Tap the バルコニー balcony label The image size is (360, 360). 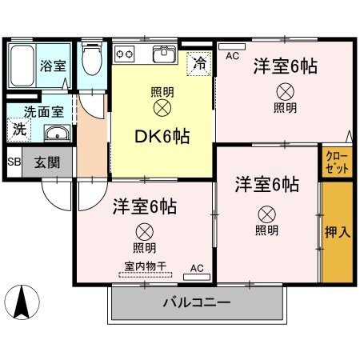click(197, 304)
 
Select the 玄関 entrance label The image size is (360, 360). click(45, 162)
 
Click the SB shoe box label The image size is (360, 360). click(14, 162)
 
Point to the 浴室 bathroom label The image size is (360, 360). click(53, 66)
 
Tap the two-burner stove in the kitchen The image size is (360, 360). click(126, 54)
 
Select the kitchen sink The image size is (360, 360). click(165, 54)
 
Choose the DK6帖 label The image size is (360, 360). click(162, 137)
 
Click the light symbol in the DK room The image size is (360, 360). click(162, 106)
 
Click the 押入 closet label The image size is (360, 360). click(337, 233)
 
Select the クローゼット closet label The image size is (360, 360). click(337, 161)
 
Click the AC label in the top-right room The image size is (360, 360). click(232, 55)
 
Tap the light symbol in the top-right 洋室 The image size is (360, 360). click(284, 90)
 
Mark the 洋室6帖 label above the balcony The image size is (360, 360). click(144, 206)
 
